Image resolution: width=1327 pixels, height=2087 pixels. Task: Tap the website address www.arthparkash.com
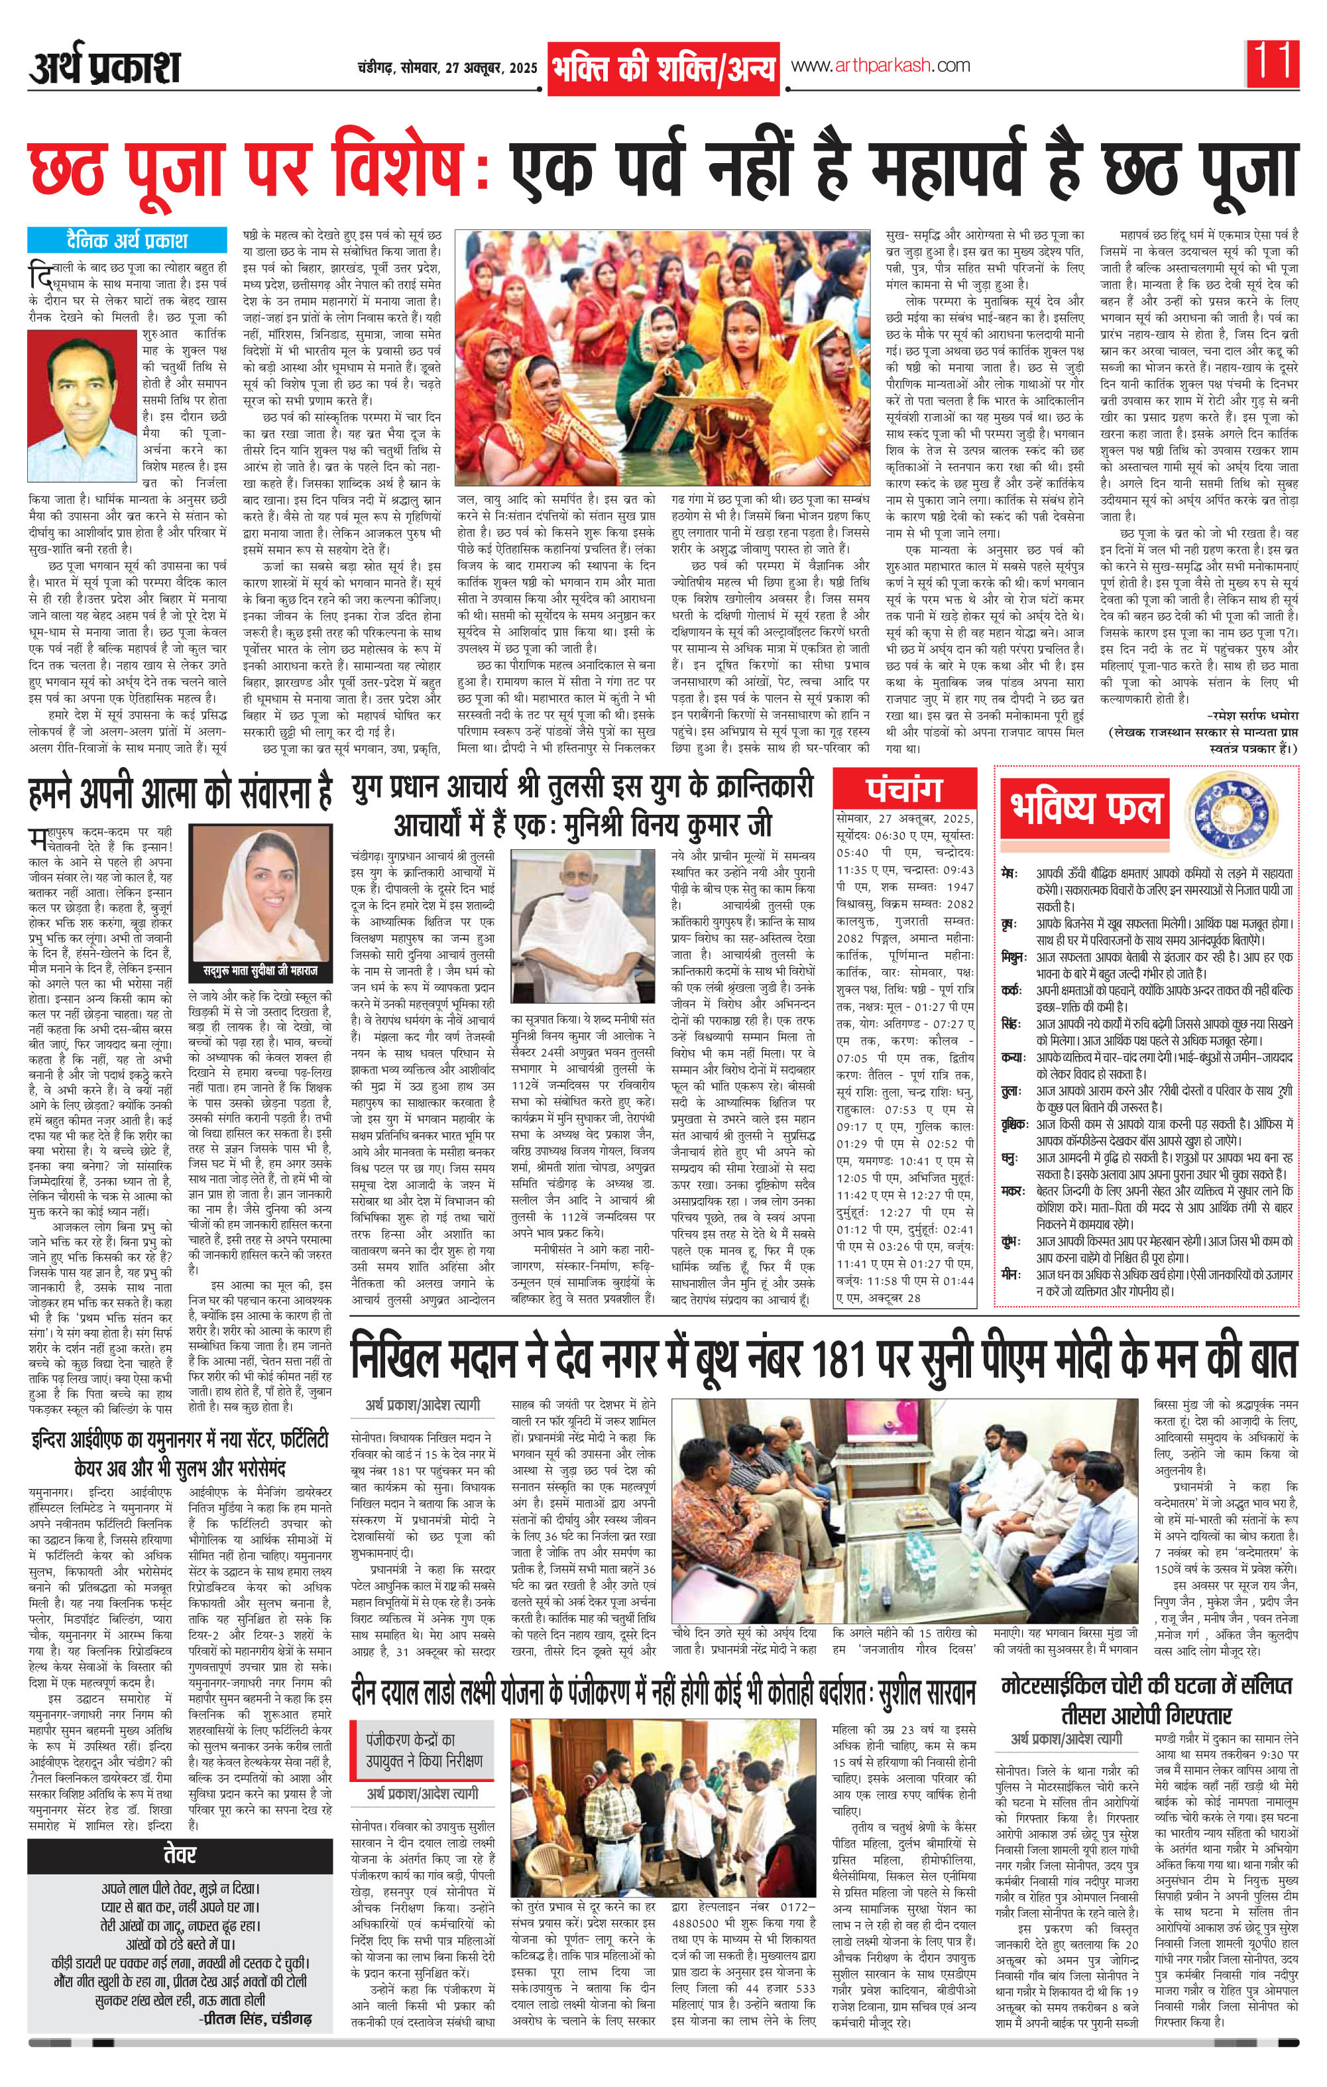[x=879, y=66]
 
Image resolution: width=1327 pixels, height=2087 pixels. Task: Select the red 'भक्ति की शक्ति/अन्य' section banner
[x=663, y=70]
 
